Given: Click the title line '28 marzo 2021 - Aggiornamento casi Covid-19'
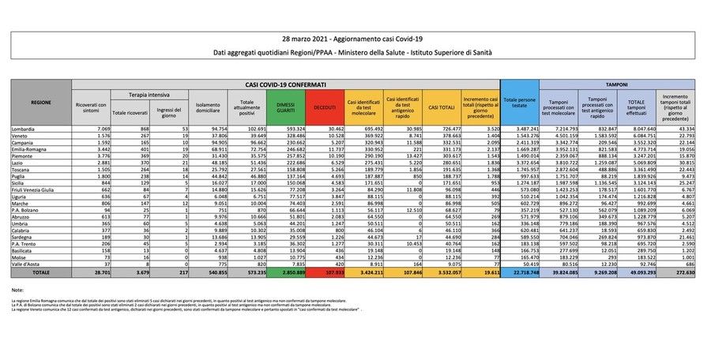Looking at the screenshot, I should tap(355, 39).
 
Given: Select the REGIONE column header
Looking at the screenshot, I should tap(41, 103).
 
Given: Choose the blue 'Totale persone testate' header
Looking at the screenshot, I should tap(520, 103).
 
